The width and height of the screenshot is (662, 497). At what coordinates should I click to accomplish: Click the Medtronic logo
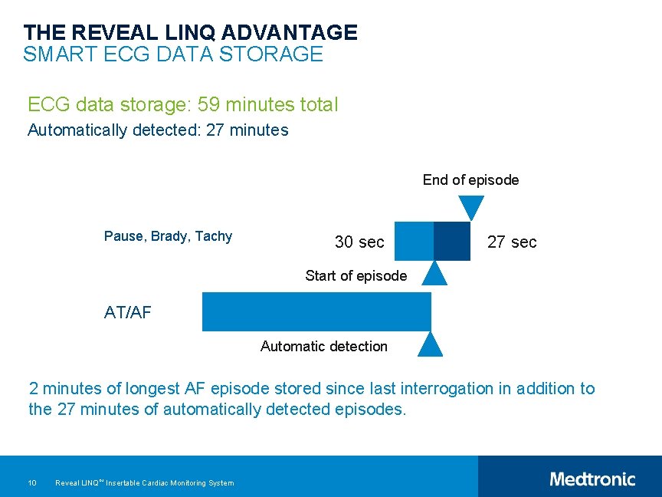[x=592, y=479]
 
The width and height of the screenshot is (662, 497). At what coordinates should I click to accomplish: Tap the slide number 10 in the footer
[x=32, y=482]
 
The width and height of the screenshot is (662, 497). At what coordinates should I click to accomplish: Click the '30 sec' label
[x=359, y=242]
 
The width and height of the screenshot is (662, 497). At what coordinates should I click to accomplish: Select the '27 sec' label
[x=512, y=242]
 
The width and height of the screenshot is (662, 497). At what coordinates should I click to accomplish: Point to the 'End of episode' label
[x=470, y=180]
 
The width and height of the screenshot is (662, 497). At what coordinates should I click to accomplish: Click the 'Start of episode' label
[x=356, y=276]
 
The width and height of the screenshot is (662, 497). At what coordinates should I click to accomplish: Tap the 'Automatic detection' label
[x=323, y=347]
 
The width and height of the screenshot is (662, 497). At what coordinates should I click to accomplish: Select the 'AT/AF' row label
[x=127, y=312]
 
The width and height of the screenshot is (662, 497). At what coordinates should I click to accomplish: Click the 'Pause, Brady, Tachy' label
[x=168, y=236]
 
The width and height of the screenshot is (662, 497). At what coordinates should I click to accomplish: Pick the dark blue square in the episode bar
[x=452, y=241]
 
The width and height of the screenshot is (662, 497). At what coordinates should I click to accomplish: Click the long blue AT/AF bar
[x=316, y=311]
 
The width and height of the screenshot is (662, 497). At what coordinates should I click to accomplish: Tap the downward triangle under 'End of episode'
[x=471, y=206]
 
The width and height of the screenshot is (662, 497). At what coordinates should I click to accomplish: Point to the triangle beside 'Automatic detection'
[x=431, y=346]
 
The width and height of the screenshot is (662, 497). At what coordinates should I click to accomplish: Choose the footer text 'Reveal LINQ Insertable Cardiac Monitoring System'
[x=145, y=482]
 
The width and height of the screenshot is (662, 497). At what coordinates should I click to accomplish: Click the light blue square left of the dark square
[x=414, y=241]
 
